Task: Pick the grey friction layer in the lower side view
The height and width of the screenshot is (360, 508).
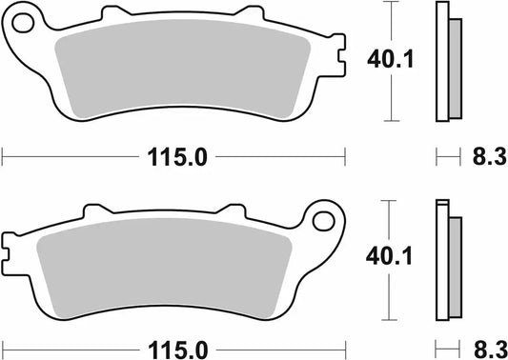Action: (454, 268)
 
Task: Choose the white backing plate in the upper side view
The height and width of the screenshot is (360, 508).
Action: (441, 63)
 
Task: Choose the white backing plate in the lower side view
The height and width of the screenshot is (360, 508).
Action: (441, 268)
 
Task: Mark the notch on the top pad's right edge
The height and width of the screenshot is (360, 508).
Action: (339, 59)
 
